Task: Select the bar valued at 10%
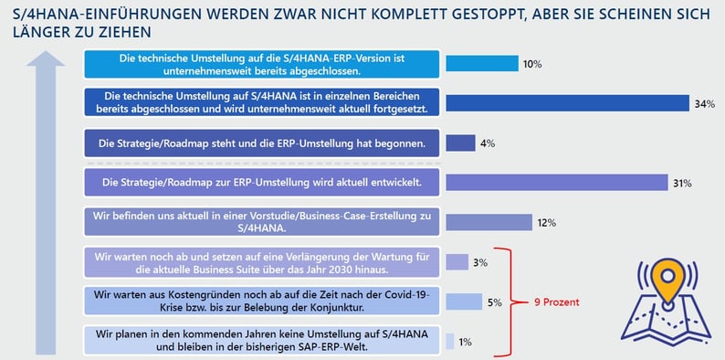(x=481, y=64)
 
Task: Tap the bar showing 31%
(x=557, y=183)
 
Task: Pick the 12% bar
(x=489, y=222)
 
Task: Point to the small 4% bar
(x=460, y=143)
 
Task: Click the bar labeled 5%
(x=463, y=302)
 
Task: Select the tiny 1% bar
(x=449, y=341)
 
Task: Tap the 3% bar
(x=457, y=262)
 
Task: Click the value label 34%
(x=704, y=103)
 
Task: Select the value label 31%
(x=682, y=183)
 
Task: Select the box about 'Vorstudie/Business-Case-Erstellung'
(x=261, y=222)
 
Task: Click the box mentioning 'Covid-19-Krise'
(x=261, y=302)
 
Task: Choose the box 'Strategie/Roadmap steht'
(x=261, y=143)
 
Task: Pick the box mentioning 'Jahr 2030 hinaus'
(x=261, y=262)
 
